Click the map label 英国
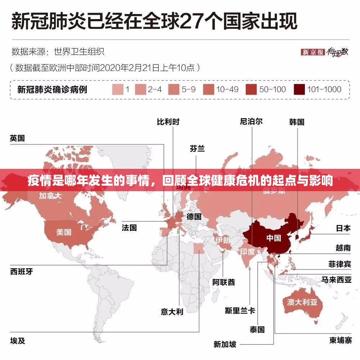click(17, 138)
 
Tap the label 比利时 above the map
click(168, 122)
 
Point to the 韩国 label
click(297, 122)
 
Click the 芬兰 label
click(197, 148)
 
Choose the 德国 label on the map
click(194, 217)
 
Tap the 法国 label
click(129, 228)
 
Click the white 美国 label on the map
click(63, 232)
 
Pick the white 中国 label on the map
click(274, 238)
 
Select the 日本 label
click(343, 228)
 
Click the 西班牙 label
click(21, 271)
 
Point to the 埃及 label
click(17, 341)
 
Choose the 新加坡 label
click(225, 345)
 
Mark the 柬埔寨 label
click(340, 341)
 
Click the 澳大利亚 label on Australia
click(302, 302)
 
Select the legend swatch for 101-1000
click(300, 90)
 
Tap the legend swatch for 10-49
click(208, 90)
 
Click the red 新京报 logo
click(313, 52)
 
